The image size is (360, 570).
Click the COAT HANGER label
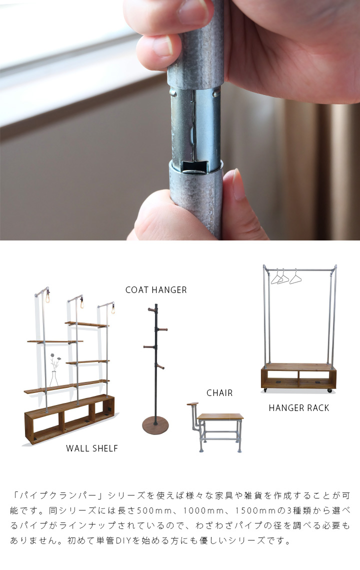(x=156, y=290)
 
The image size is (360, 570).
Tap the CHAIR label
(x=219, y=393)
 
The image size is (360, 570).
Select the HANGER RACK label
(x=299, y=408)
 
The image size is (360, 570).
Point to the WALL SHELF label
(x=92, y=448)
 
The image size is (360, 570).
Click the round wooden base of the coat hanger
(x=155, y=425)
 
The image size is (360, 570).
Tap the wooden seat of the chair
(x=220, y=416)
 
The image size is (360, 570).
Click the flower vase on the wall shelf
(x=54, y=379)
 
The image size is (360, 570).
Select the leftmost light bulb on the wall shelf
(x=47, y=298)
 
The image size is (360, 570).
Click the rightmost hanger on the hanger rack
(x=295, y=277)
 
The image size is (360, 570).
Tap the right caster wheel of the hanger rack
(x=329, y=390)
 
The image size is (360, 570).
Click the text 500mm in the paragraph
(x=154, y=510)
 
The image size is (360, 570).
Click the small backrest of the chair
(x=192, y=404)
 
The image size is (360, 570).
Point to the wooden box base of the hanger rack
(x=298, y=376)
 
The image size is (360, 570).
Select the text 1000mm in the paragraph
(x=203, y=510)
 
